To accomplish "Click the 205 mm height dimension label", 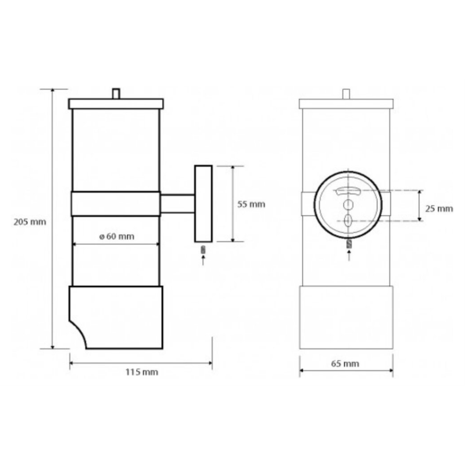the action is (x=30, y=222).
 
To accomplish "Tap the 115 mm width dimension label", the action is (x=142, y=372).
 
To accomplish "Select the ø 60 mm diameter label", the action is (x=117, y=236).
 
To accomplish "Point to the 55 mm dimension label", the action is (x=251, y=204).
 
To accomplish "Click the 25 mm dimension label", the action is (x=439, y=208).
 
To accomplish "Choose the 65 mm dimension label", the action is (x=345, y=364).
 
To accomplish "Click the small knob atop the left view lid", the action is (x=116, y=93).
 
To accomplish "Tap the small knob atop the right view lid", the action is (x=346, y=94).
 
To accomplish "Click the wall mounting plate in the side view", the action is (x=204, y=204).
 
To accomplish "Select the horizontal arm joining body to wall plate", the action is (x=177, y=204).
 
